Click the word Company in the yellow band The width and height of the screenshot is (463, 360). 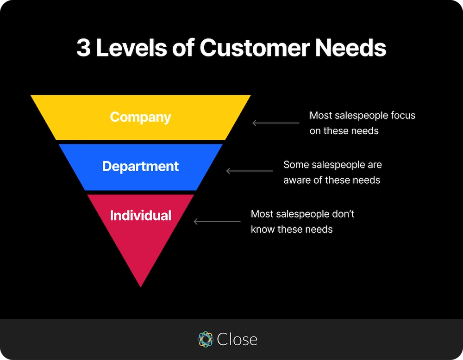click(x=140, y=117)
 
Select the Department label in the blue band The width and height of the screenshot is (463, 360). click(x=140, y=166)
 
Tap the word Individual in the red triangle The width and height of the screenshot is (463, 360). click(x=140, y=215)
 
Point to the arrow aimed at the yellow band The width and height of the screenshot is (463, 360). click(x=275, y=123)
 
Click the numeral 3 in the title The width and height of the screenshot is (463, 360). click(x=83, y=48)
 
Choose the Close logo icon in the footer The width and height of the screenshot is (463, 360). click(x=205, y=339)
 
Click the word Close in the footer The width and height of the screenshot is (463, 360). click(x=237, y=339)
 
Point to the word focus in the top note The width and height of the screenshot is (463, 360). click(x=402, y=115)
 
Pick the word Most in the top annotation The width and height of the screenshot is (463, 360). click(x=321, y=115)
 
